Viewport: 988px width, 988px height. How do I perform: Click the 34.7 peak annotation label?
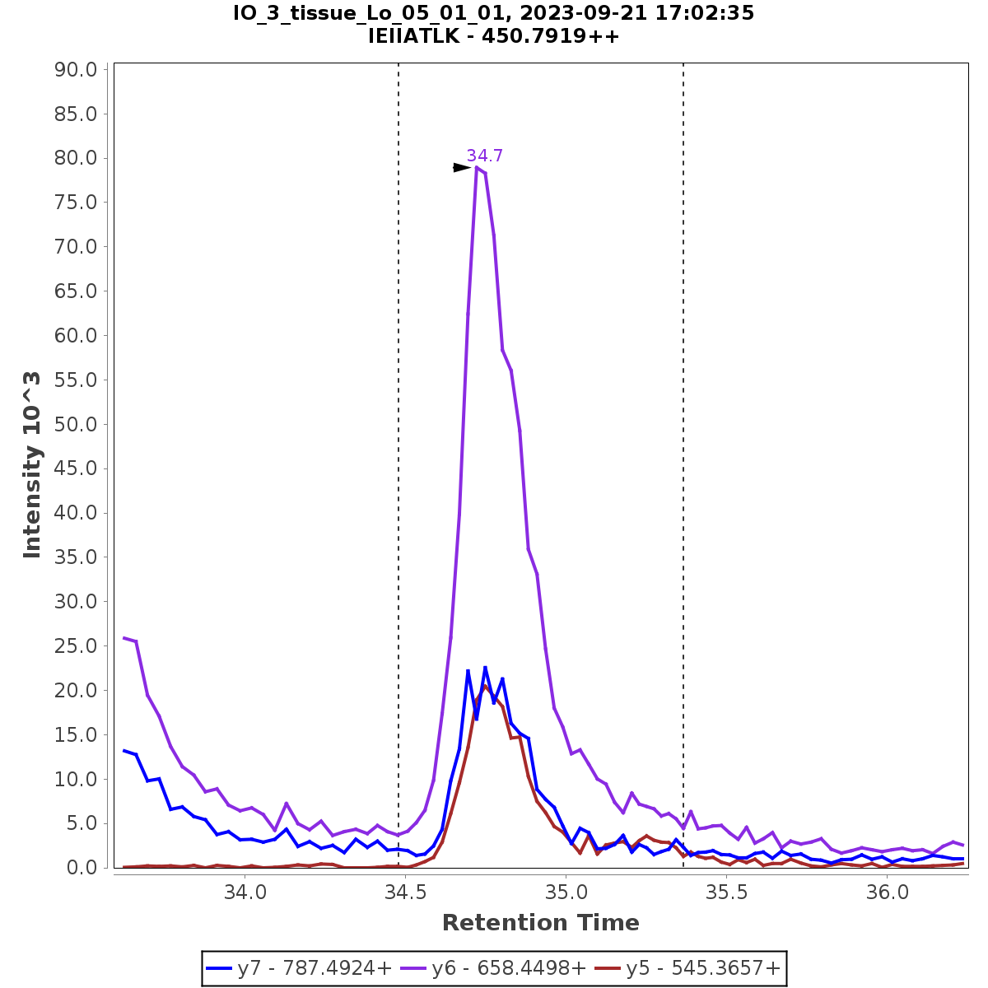click(484, 156)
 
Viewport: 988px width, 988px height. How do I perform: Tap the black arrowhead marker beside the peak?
click(462, 167)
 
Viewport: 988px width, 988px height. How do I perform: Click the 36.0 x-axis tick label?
click(888, 892)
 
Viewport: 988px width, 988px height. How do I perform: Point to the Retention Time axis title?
click(540, 923)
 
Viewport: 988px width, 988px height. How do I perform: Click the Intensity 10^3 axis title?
click(32, 465)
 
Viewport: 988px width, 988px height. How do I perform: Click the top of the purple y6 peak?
click(477, 167)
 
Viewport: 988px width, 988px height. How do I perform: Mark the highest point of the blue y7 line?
click(485, 667)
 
